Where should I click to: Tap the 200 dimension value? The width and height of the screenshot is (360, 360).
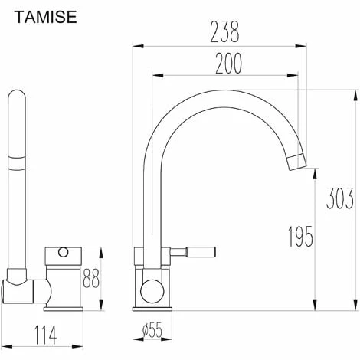[227, 64]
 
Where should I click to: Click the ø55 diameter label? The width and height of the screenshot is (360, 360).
[152, 331]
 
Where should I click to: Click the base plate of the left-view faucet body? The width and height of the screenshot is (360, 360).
[66, 308]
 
